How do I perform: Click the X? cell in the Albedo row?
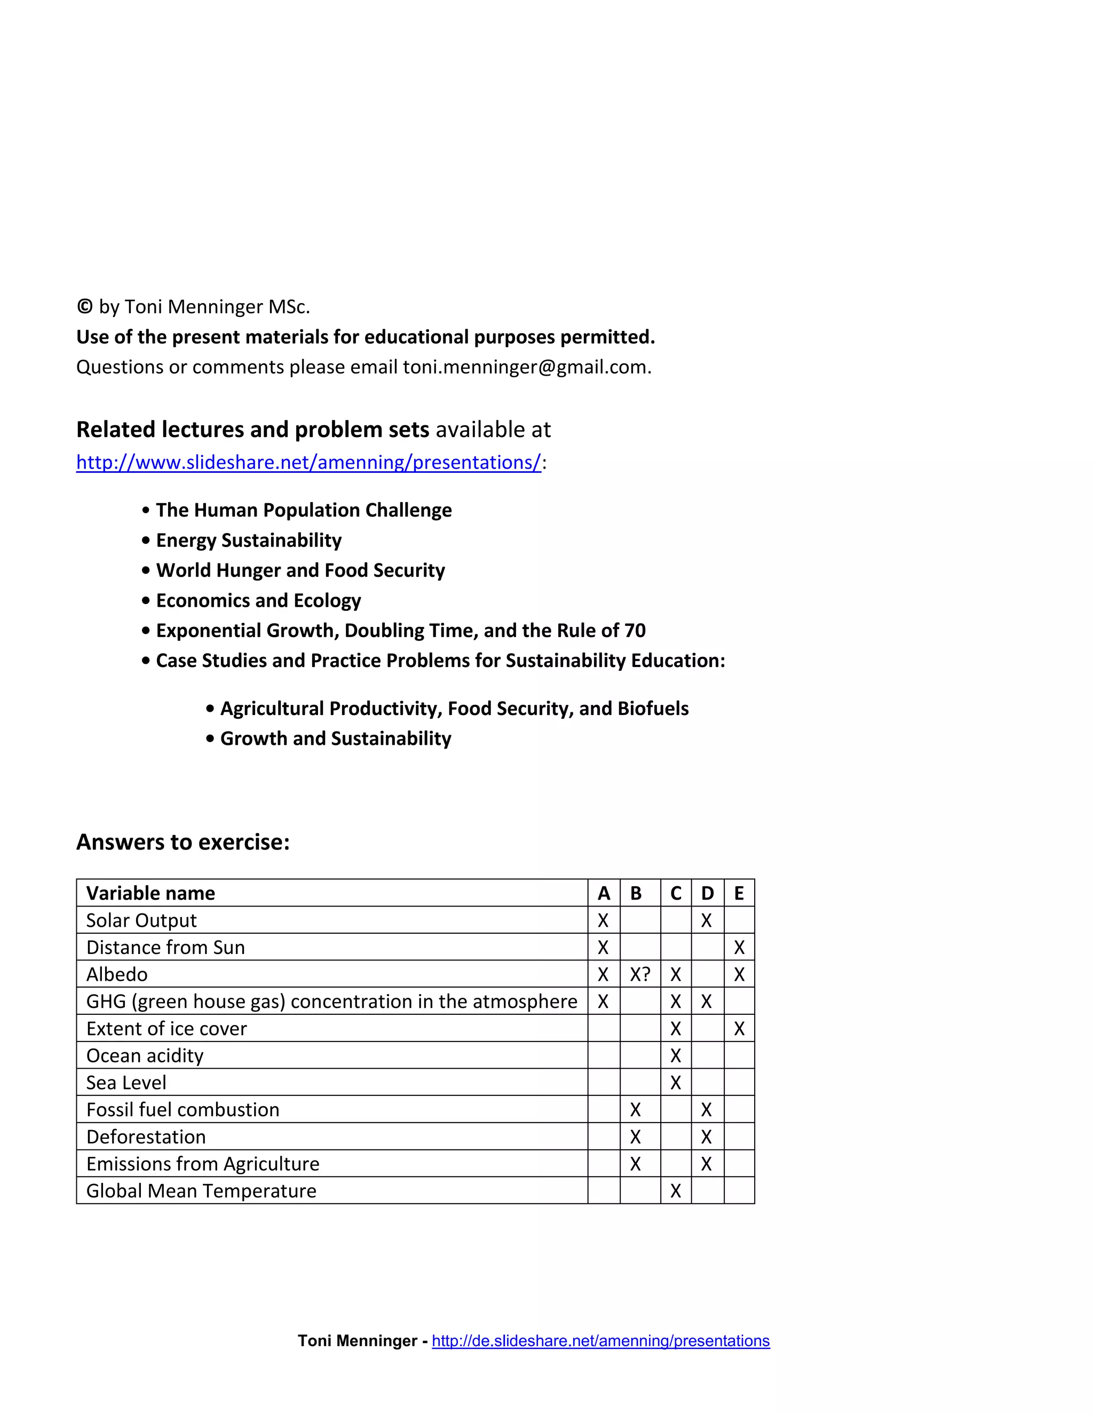pos(640,974)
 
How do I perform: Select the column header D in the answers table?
pos(707,893)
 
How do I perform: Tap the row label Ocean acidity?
pos(145,1055)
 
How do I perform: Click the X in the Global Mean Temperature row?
pos(675,1190)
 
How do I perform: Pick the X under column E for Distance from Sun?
pos(739,948)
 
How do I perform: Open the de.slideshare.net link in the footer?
pos(600,1340)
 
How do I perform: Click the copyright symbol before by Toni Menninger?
pos(84,306)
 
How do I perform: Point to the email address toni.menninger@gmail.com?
pos(526,367)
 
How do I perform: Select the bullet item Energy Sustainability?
pos(249,540)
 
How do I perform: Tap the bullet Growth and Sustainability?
pos(335,738)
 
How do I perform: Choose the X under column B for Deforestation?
pos(635,1137)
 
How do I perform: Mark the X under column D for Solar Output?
pos(707,920)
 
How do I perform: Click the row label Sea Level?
pos(126,1083)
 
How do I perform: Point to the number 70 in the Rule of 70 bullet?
pos(635,630)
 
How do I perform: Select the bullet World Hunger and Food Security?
pos(300,570)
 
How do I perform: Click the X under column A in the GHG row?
pos(603,1002)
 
